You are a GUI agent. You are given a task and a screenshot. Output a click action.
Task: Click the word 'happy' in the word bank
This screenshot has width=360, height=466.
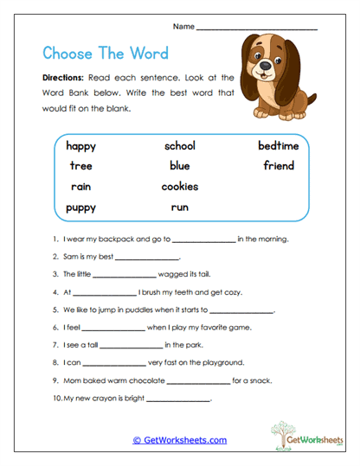pyautogui.click(x=80, y=146)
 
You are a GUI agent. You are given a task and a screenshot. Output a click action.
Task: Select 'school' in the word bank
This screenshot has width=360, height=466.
pyautogui.click(x=180, y=145)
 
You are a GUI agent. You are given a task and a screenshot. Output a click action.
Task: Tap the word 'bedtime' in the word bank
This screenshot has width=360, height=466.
pyautogui.click(x=278, y=145)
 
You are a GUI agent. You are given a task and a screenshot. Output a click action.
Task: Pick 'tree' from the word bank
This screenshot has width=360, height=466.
pyautogui.click(x=80, y=166)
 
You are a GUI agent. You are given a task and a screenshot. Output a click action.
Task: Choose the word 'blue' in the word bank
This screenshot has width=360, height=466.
pyautogui.click(x=179, y=166)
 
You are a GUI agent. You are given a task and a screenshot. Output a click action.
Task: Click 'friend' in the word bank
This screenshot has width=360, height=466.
pyautogui.click(x=279, y=165)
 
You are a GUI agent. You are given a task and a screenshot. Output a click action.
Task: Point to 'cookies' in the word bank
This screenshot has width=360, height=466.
pyautogui.click(x=180, y=186)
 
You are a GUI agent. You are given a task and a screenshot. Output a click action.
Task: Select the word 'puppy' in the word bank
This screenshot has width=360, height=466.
pyautogui.click(x=80, y=207)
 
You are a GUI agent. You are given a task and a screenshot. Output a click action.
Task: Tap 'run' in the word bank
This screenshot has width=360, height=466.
pyautogui.click(x=179, y=207)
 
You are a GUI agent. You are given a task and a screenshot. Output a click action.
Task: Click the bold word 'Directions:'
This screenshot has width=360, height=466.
pyautogui.click(x=62, y=77)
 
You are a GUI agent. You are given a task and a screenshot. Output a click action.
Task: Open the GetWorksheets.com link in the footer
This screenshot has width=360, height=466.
pyautogui.click(x=179, y=440)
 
